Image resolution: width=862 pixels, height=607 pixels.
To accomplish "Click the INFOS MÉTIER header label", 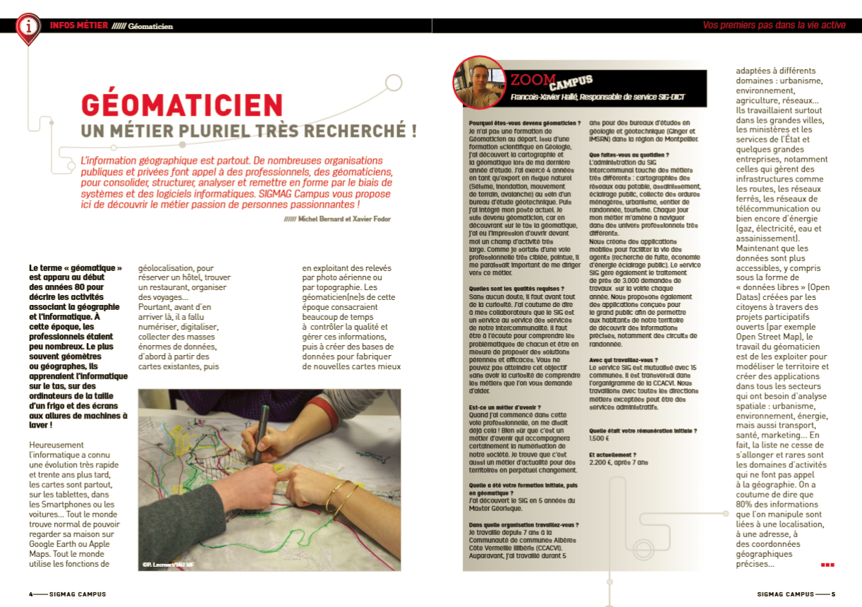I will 79,25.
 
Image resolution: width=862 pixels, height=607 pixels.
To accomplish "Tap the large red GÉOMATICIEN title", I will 182,105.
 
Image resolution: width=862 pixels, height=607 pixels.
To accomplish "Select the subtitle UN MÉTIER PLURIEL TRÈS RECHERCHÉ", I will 248,131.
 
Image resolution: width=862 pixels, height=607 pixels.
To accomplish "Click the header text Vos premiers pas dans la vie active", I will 774,25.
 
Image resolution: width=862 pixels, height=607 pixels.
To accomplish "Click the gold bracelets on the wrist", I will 341,494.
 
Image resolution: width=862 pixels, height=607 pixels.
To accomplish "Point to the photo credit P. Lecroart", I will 167,564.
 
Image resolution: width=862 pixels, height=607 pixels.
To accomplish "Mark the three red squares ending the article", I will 827,565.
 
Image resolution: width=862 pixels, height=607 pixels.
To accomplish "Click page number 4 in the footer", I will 31,594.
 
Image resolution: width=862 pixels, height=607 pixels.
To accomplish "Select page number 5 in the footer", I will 833,594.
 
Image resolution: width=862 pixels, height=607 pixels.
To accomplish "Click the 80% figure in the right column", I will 747,505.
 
